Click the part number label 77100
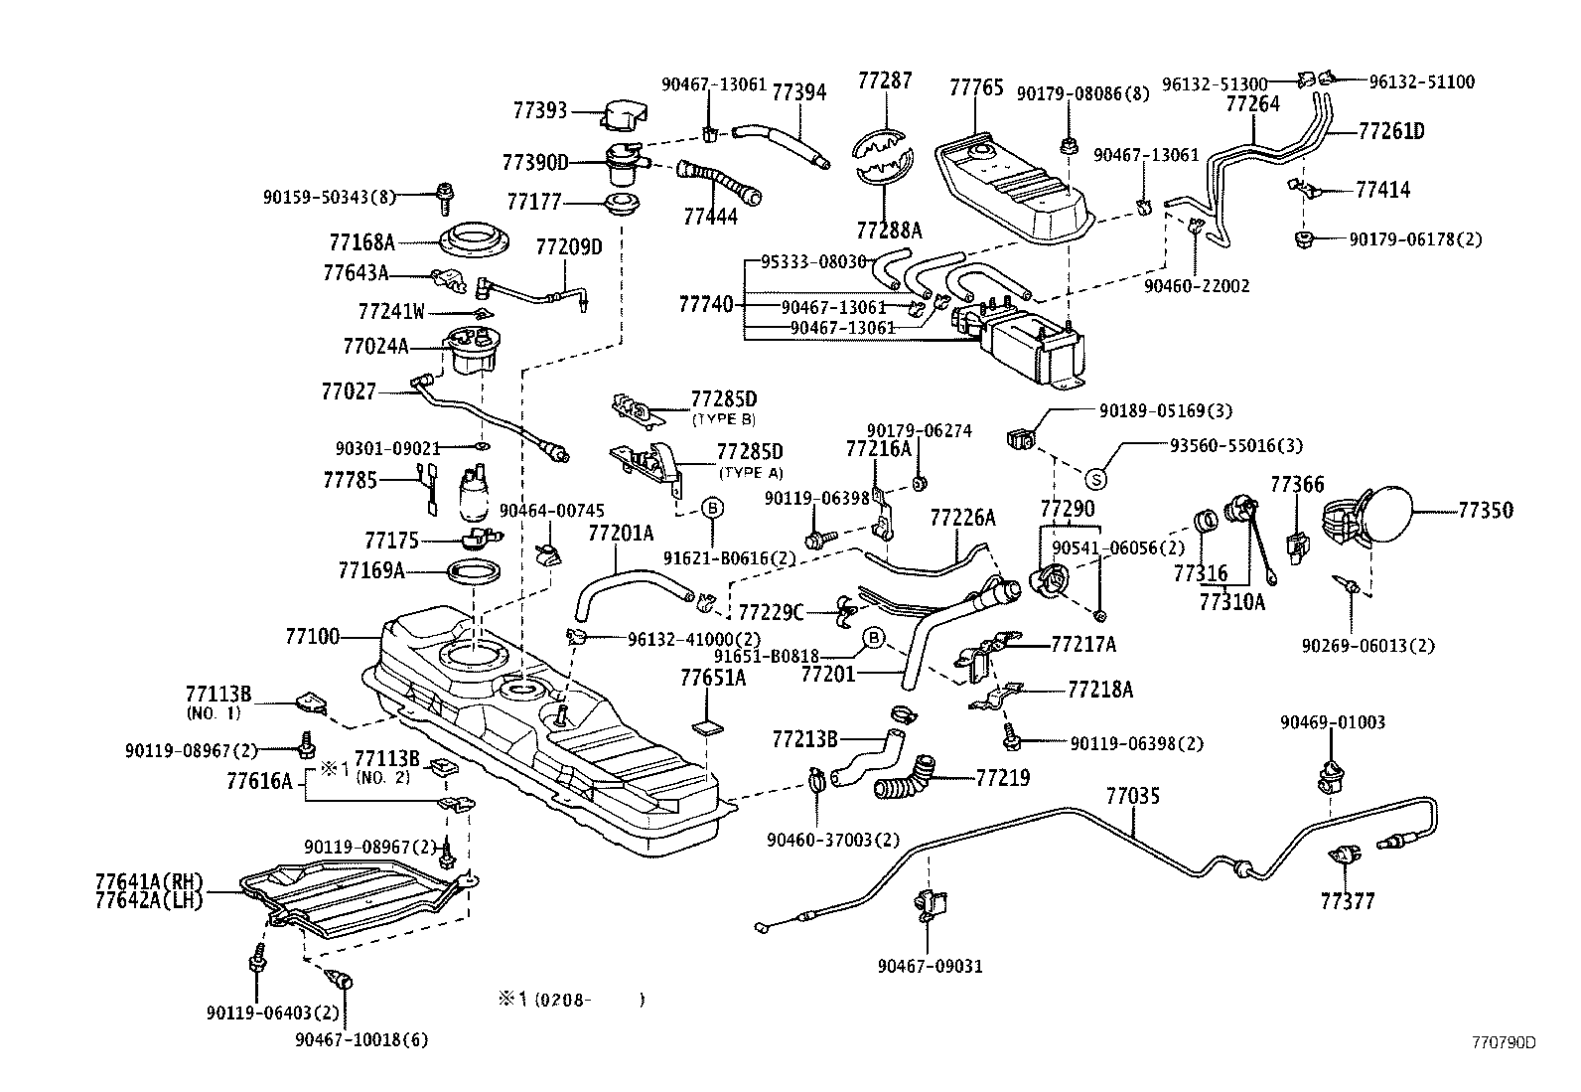(x=312, y=637)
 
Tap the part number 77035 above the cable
(x=1133, y=796)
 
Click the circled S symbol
(x=1096, y=479)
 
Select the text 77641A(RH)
(x=149, y=881)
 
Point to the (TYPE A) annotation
(x=750, y=472)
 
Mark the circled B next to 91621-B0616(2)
(x=712, y=507)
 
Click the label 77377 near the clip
(x=1347, y=901)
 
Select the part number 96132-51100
(x=1421, y=82)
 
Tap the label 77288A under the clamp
(x=889, y=231)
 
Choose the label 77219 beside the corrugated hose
(x=1003, y=778)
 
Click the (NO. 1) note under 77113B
(x=213, y=712)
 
